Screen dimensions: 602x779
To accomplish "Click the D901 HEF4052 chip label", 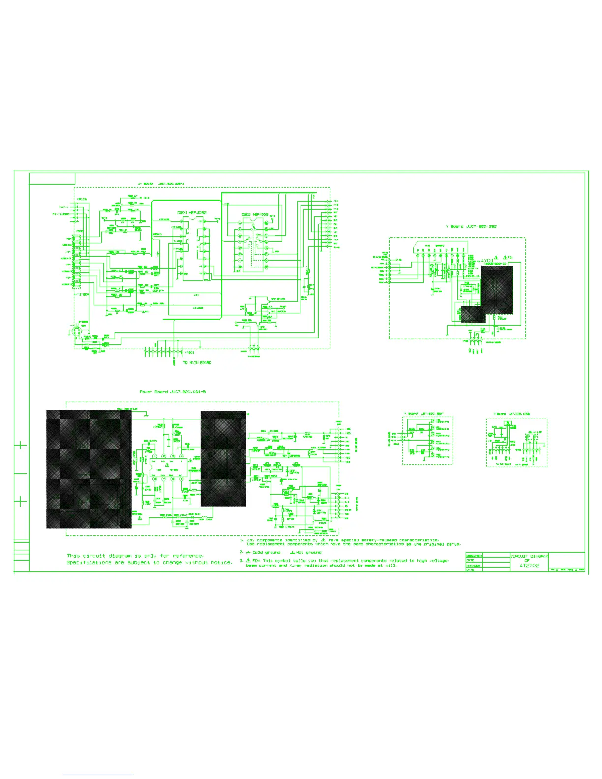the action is (x=191, y=213).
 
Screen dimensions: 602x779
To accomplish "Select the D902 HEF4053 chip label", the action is (x=255, y=215).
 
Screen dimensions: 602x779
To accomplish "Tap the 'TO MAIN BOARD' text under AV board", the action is (x=197, y=363).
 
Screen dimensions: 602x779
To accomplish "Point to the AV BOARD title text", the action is (x=161, y=184).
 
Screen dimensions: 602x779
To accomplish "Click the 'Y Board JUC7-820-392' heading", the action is (x=471, y=227).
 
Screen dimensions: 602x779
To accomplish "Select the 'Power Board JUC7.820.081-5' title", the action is (x=173, y=392).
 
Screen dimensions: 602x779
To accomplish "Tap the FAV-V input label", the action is (x=64, y=207).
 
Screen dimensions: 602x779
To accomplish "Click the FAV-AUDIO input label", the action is (x=61, y=214).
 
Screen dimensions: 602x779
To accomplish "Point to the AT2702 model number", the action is (x=529, y=566).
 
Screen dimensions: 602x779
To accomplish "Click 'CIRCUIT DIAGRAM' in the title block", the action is (x=529, y=556).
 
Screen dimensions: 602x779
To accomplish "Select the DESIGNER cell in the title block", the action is (x=474, y=556).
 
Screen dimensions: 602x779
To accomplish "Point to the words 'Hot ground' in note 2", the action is (x=309, y=552).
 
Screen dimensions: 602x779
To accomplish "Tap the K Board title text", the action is (x=423, y=414).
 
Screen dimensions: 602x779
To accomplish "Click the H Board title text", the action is (x=512, y=414).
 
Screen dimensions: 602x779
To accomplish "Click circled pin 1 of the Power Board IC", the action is (x=154, y=457).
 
